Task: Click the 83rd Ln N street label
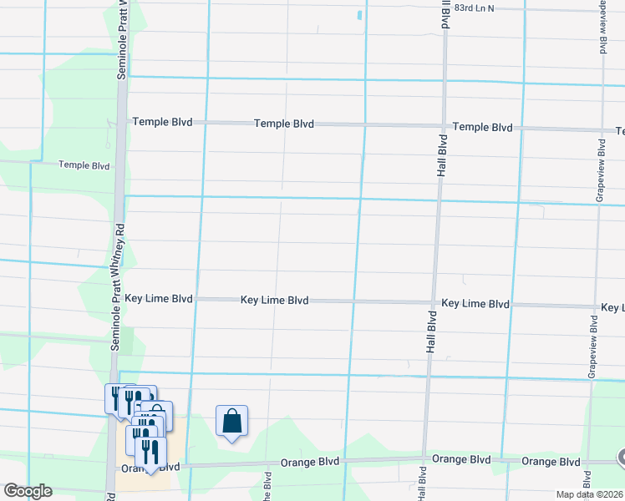click(x=490, y=8)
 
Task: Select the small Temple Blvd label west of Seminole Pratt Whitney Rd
click(x=84, y=165)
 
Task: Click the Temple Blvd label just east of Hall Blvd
click(x=482, y=128)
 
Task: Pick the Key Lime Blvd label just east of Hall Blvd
click(x=475, y=304)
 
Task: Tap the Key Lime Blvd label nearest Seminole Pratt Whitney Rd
click(x=158, y=298)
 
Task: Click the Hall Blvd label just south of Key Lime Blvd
click(x=432, y=331)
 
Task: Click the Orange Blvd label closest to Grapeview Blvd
click(x=551, y=462)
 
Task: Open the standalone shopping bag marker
click(x=231, y=421)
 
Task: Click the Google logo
click(x=27, y=491)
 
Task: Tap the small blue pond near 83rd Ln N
click(x=360, y=15)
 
